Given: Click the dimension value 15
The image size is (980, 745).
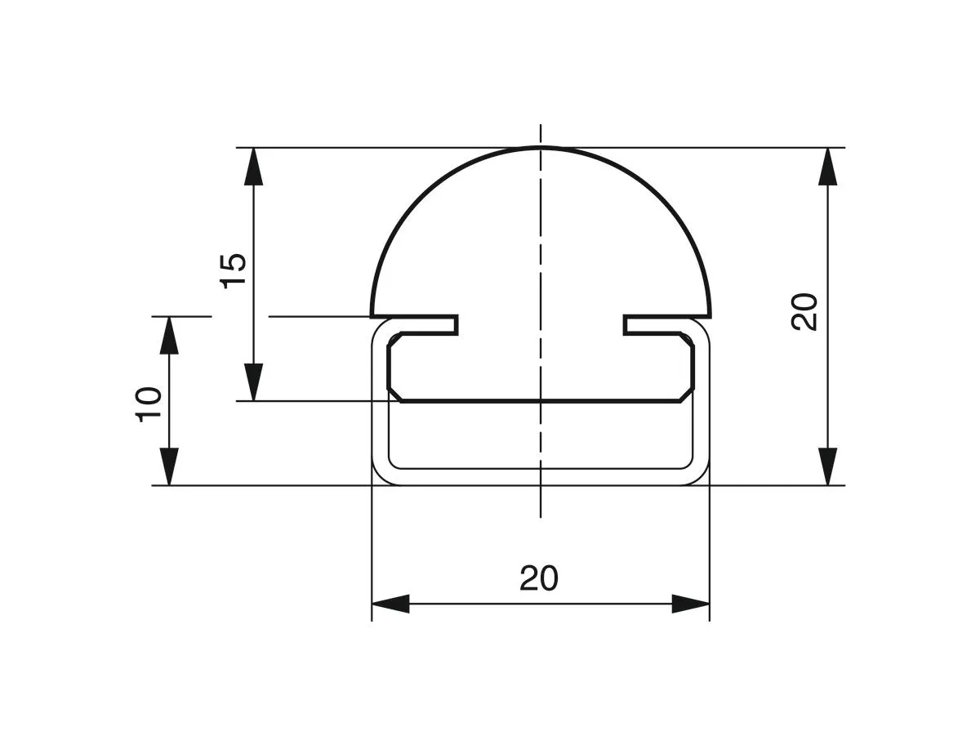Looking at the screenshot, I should click(234, 270).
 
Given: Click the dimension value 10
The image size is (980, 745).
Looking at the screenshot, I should click(150, 404).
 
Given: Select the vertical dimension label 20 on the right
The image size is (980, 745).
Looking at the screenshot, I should click(805, 310).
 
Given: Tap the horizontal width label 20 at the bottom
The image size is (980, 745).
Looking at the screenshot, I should click(539, 578).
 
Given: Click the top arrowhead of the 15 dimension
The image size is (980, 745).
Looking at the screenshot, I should click(255, 167).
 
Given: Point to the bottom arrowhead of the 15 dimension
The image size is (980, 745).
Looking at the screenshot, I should click(255, 382).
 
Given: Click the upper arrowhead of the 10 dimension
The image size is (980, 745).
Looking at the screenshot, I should click(169, 335).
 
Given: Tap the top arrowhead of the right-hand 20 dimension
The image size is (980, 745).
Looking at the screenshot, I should click(828, 167).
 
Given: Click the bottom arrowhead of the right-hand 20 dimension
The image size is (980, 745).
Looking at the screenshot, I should click(828, 466).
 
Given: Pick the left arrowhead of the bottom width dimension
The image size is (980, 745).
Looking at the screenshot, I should click(390, 604).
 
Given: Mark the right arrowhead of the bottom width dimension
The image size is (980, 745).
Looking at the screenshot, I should click(691, 604).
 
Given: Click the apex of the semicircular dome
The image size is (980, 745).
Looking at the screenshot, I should click(541, 148).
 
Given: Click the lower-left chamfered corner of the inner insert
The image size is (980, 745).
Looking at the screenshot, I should click(394, 395).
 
